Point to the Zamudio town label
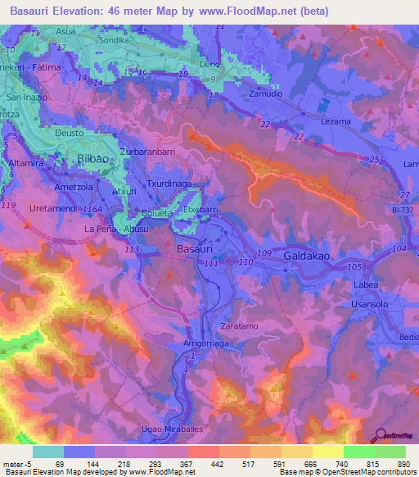tap(244, 95)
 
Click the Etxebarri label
tap(200, 210)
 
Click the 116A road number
tap(92, 210)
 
